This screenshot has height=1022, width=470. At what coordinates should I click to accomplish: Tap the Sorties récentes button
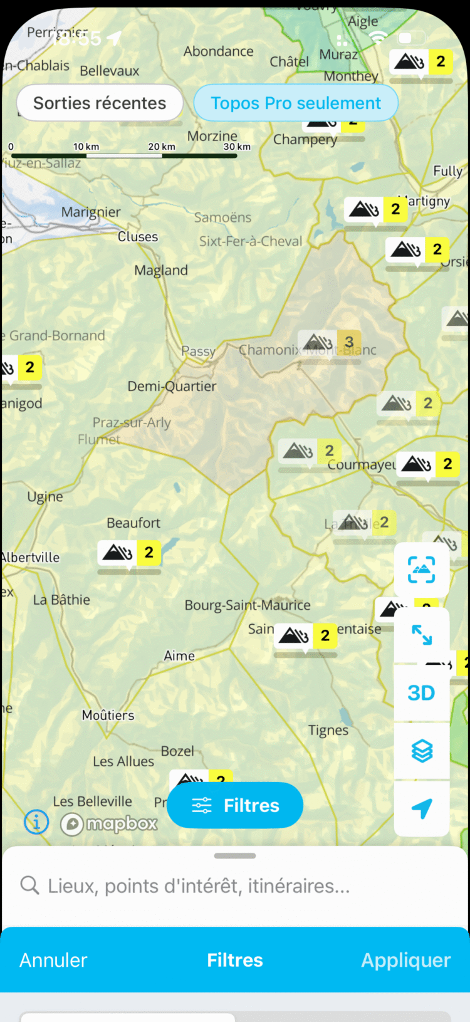point(100,103)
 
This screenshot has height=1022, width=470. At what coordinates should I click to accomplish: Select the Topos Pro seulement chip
point(296,103)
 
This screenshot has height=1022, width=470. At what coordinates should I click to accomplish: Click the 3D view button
point(421,693)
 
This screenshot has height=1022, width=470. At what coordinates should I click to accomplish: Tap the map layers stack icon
point(422,751)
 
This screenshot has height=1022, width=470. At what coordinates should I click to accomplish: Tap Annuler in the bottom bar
point(53,960)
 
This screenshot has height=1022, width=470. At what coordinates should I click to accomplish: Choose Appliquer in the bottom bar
point(405,960)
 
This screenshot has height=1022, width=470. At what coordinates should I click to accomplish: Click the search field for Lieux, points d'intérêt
point(199,886)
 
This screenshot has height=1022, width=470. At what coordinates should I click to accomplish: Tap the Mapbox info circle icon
point(36,821)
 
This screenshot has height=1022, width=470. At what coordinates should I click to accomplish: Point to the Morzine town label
point(212,136)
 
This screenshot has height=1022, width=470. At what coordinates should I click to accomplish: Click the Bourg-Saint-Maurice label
point(248,605)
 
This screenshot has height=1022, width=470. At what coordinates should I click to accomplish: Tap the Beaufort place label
point(133,523)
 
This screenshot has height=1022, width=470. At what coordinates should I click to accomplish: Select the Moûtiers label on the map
point(108,715)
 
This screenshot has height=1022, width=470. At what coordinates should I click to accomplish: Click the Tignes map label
point(328,730)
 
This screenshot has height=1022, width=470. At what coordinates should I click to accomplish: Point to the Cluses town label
point(138,237)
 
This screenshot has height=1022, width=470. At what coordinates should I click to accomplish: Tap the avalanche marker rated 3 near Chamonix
point(330,342)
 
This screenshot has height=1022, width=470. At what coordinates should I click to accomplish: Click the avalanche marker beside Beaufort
point(129,553)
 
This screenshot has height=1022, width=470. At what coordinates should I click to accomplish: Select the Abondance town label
point(219,51)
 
